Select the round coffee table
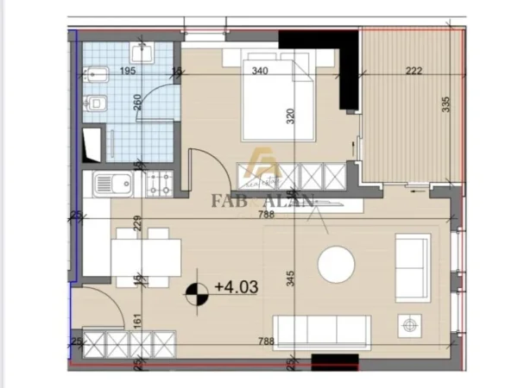(336, 265)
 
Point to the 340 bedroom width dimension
(258, 72)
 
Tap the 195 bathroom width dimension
(128, 72)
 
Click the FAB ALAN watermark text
(264, 203)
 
